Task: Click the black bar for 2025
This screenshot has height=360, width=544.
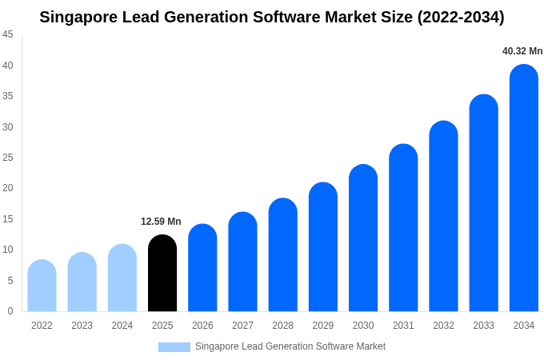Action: (x=162, y=274)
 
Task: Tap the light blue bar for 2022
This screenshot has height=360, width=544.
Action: (x=42, y=286)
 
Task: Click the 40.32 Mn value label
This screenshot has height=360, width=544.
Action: (x=522, y=51)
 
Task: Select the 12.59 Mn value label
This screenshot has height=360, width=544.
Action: (x=161, y=222)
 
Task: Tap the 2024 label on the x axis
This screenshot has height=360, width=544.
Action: (x=122, y=326)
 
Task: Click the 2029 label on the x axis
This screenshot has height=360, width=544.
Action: (x=323, y=326)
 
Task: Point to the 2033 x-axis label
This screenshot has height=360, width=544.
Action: (x=483, y=326)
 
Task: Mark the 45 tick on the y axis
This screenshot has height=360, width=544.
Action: (x=8, y=34)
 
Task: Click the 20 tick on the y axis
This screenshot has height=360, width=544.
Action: (x=8, y=188)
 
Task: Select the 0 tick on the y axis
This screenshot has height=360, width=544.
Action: (x=10, y=311)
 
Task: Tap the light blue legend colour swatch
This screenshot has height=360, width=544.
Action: (x=174, y=347)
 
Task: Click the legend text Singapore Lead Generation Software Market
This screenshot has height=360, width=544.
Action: (x=290, y=346)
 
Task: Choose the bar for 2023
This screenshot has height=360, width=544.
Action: (x=82, y=282)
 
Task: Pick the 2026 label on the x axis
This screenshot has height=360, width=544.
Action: (x=202, y=326)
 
